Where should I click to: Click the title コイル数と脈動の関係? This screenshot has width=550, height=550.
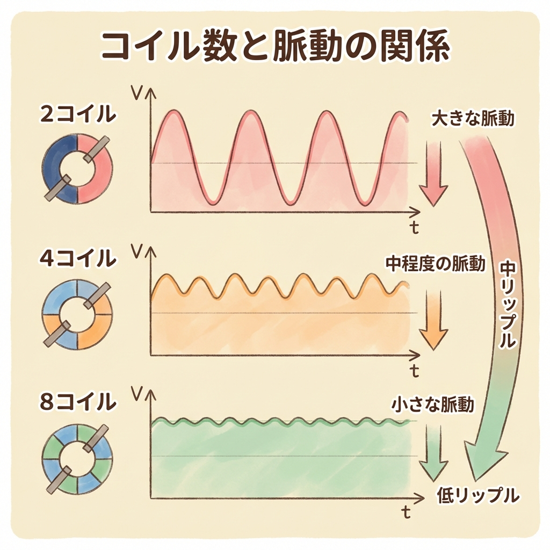[274, 47]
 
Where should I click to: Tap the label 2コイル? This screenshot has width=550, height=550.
[77, 113]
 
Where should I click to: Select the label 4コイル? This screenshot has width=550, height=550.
[77, 258]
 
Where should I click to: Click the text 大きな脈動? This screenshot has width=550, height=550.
[473, 119]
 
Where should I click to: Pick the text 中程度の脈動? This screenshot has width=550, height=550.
[436, 264]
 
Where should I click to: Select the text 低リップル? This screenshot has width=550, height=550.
[478, 494]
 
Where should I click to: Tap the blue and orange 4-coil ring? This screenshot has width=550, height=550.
[77, 313]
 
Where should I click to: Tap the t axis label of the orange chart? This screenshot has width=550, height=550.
[414, 370]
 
